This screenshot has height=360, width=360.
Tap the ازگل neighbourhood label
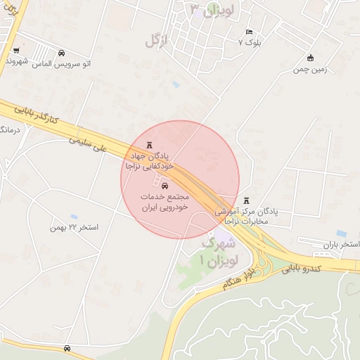[157, 41]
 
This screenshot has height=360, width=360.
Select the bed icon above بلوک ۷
[249, 32]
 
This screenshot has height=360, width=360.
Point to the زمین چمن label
[311, 70]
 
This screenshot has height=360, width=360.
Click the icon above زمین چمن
[311, 58]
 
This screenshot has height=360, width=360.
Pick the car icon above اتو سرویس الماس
[62, 53]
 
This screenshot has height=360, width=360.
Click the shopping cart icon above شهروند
[15, 51]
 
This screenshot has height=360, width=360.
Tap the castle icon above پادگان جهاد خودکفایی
[148, 144]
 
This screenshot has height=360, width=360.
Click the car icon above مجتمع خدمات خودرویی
[165, 186]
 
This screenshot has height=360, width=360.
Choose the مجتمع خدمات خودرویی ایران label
[166, 203]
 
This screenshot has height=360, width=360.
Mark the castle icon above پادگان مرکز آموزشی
[246, 200]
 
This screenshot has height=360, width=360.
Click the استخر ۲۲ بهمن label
[74, 228]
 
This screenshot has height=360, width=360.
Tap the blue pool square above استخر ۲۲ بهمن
[74, 217]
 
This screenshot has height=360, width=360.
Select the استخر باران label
[340, 245]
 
